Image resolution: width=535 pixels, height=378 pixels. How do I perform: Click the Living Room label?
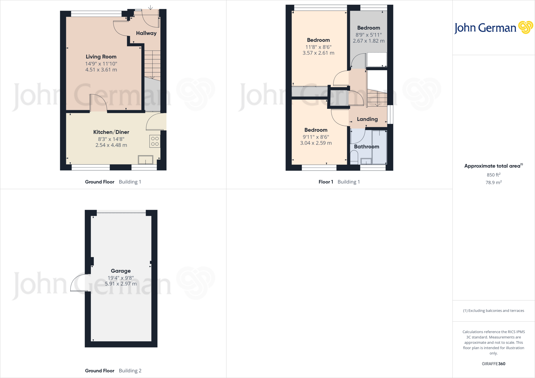coord(101,57)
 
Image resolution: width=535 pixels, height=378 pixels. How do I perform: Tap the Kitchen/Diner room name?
coord(111,132)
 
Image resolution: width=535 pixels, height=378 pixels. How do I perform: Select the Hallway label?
coord(146,33)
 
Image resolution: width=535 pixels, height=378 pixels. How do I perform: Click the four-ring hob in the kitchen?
coord(155,141)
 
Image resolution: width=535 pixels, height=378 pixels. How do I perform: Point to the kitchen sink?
coord(146,160)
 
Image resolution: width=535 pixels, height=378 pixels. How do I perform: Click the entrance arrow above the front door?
coord(151,7)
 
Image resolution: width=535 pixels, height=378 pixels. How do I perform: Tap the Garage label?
coord(121,271)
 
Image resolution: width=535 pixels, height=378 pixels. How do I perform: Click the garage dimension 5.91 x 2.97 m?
coord(121,284)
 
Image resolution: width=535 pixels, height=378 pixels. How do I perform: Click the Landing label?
coord(367,119)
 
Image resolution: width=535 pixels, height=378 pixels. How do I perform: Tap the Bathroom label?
coord(367,147)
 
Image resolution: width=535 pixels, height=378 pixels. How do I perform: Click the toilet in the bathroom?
coord(354,157)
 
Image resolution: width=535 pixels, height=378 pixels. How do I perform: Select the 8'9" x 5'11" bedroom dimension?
coord(369,35)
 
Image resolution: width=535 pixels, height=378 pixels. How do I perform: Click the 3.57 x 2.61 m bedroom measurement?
coord(318,53)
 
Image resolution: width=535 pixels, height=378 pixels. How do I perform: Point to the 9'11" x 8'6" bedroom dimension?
coord(316,137)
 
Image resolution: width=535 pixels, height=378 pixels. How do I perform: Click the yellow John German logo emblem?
coord(526,27)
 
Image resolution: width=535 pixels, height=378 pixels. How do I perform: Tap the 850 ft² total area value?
coord(493,175)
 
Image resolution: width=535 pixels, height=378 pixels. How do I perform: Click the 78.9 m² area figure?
coord(493,182)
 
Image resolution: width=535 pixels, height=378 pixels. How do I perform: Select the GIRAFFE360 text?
coord(493,364)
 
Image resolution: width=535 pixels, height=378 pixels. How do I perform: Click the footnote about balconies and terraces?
coord(493,311)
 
